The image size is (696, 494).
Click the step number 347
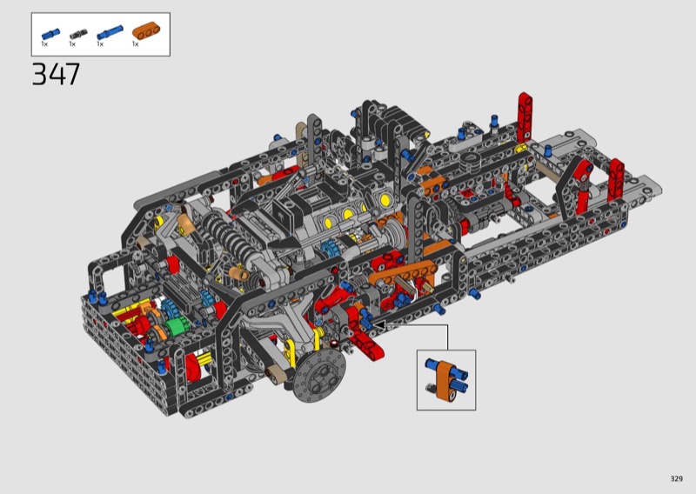pyautogui.click(x=56, y=74)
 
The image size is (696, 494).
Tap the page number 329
pyautogui.click(x=677, y=478)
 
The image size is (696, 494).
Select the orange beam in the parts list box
pyautogui.click(x=146, y=31)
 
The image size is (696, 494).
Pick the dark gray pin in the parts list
pyautogui.click(x=78, y=34)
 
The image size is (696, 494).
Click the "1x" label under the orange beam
pyautogui.click(x=136, y=44)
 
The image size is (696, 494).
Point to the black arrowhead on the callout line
pyautogui.click(x=379, y=325)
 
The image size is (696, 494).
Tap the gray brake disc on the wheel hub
pyautogui.click(x=319, y=376)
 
